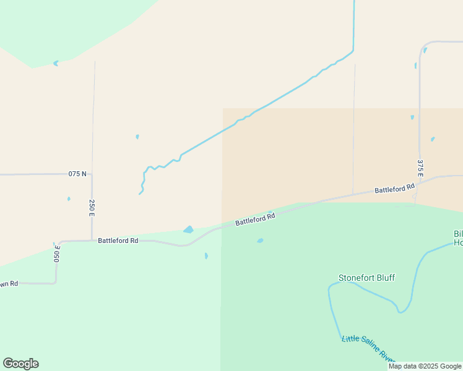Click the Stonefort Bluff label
point(366,278)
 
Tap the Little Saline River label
point(369,349)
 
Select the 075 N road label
point(77,174)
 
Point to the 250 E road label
point(92,208)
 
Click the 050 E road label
point(57,254)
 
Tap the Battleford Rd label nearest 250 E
point(118,241)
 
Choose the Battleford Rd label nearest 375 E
point(394,189)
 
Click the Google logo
point(20,364)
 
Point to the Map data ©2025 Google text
point(425,366)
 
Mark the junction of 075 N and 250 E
point(92,174)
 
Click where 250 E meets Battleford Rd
point(92,241)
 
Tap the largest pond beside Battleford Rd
point(188,230)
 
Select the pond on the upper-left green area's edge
point(56,63)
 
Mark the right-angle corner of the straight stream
point(353,51)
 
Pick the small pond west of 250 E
point(69,198)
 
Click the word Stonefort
point(355,278)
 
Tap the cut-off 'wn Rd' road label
point(9,284)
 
